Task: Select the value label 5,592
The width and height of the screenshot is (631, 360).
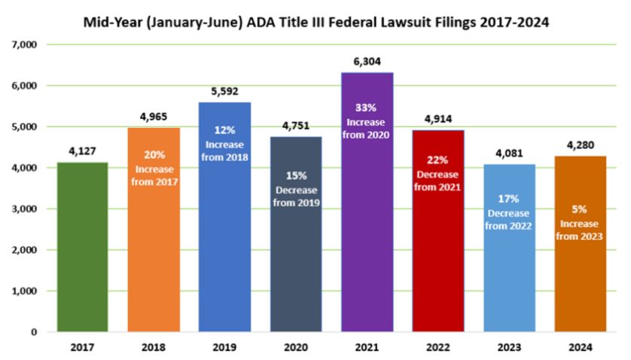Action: click(224, 93)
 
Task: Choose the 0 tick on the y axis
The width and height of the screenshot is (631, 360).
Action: click(34, 332)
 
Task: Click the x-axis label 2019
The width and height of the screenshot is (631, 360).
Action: click(224, 348)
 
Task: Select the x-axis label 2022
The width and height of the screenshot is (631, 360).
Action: click(438, 348)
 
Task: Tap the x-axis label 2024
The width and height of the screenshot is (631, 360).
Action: click(581, 348)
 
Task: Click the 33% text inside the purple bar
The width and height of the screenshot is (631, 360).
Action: click(367, 107)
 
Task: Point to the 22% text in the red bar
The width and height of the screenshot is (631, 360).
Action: click(438, 160)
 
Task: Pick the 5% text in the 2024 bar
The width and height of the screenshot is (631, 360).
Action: click(581, 211)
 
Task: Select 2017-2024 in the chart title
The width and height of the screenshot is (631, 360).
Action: click(514, 23)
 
